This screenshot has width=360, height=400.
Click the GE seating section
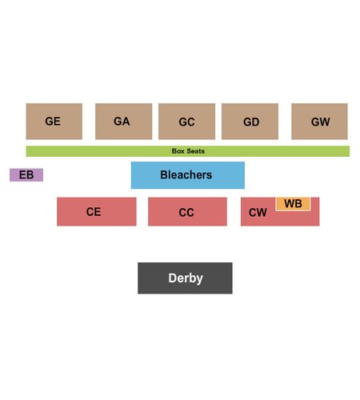(x=54, y=122)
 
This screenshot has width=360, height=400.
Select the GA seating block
(x=123, y=122)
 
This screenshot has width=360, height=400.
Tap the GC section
(x=186, y=122)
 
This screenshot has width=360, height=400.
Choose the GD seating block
(x=250, y=122)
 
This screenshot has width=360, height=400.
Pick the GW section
(x=319, y=122)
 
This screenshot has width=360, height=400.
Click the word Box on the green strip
(x=178, y=151)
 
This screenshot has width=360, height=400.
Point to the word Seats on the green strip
(x=196, y=151)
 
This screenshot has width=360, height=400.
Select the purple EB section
(x=26, y=175)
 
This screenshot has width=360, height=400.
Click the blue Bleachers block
(x=188, y=175)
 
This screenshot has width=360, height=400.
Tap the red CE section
(x=97, y=211)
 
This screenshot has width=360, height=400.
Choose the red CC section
(x=187, y=211)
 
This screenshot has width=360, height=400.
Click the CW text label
(x=258, y=213)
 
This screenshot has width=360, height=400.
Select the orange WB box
(x=293, y=204)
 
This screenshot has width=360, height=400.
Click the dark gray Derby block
(x=185, y=278)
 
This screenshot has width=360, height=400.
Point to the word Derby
(x=186, y=278)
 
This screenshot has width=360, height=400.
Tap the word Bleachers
(x=186, y=175)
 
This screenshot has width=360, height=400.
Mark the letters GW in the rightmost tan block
(x=321, y=122)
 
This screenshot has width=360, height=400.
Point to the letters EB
(x=26, y=175)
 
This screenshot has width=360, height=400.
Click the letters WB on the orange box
(x=293, y=204)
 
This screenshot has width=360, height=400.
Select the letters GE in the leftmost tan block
(x=53, y=122)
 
